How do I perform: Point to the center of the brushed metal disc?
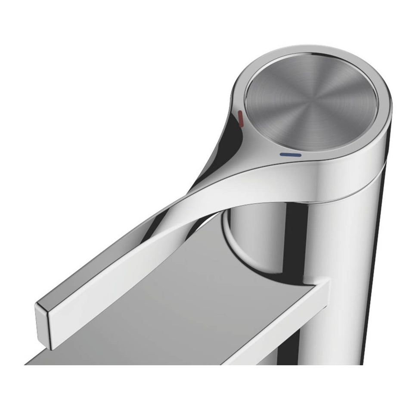(311, 102)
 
